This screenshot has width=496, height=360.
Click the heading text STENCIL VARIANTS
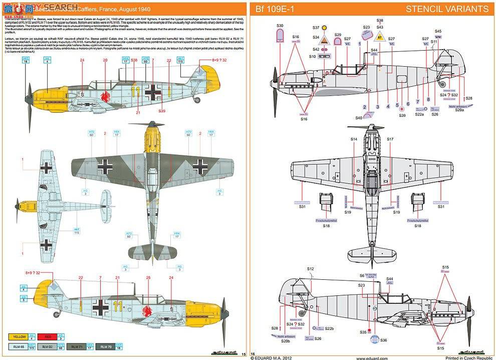(x=447, y=9)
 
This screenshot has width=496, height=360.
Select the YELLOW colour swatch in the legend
(x=20, y=337)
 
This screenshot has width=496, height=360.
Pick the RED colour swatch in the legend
(x=50, y=337)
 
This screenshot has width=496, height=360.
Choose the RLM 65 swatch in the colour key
(x=20, y=346)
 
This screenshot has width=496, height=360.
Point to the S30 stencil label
(x=280, y=26)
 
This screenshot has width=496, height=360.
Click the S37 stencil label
(x=316, y=28)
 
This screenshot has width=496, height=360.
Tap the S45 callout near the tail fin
(x=438, y=31)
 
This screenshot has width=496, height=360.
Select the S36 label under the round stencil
(x=383, y=340)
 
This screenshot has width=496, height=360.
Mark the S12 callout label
(x=310, y=269)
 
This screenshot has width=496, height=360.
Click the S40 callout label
(x=359, y=118)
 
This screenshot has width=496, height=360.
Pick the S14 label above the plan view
(x=353, y=139)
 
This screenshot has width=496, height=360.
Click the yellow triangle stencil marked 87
(x=380, y=37)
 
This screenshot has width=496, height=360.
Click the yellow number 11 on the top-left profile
(x=134, y=90)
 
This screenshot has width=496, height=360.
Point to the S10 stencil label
(x=312, y=57)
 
